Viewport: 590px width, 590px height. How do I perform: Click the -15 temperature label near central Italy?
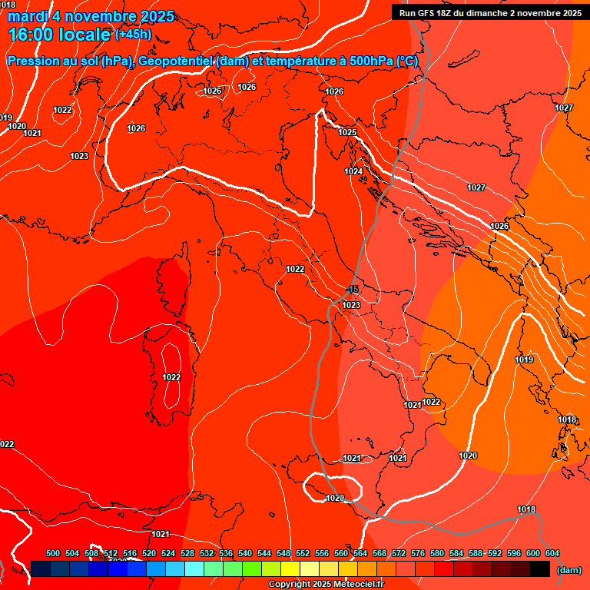(353, 290)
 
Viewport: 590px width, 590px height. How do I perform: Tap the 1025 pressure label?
(348, 133)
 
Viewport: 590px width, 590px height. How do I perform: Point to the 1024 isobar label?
(353, 171)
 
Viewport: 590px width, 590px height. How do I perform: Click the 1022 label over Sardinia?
(171, 377)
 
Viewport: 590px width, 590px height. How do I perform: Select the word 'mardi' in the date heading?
(28, 16)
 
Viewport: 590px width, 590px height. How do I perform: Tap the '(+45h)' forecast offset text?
(133, 35)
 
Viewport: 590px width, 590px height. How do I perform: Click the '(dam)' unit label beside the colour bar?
(568, 570)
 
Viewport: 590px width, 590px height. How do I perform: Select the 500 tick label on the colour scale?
(53, 553)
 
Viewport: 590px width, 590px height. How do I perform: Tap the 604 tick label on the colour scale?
(552, 553)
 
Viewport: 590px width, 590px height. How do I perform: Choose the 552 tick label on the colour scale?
(303, 553)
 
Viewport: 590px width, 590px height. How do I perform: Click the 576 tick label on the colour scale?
(418, 553)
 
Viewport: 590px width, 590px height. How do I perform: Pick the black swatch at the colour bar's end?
(540, 569)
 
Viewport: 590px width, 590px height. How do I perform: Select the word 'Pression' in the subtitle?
(34, 61)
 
